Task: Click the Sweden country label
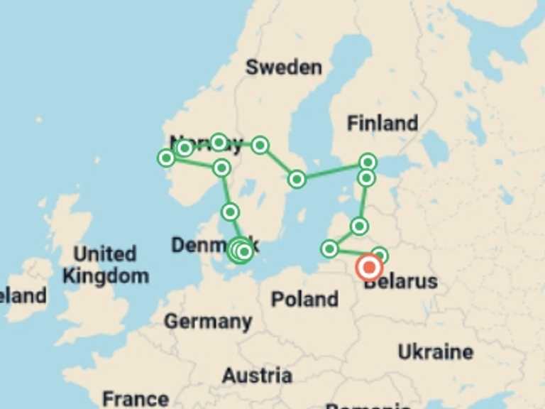pos(283,67)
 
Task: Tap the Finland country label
pos(382,123)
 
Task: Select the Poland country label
pos(304,299)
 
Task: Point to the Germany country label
pos(208,322)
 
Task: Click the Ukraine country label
pos(435,351)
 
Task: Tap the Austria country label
pos(257,375)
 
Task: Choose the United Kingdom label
pos(105,265)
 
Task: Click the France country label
pos(136,398)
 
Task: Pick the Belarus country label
pos(401,283)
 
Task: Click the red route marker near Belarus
pos(369,268)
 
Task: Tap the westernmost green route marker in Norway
pos(166,158)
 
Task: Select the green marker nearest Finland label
pos(367,162)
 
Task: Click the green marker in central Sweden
pos(260,145)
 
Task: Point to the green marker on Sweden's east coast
pos(297,179)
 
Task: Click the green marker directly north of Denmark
pos(230,212)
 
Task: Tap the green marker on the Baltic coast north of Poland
pos(329,249)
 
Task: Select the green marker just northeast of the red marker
pos(380,255)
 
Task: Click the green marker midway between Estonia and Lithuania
pos(359,227)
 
